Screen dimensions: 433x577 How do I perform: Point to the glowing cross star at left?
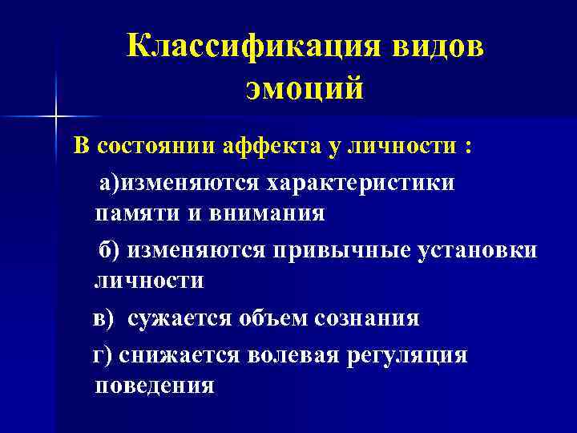pyautogui.click(x=55, y=117)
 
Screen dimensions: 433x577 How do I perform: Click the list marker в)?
pyautogui.click(x=103, y=318)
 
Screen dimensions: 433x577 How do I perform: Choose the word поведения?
pyautogui.click(x=154, y=386)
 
